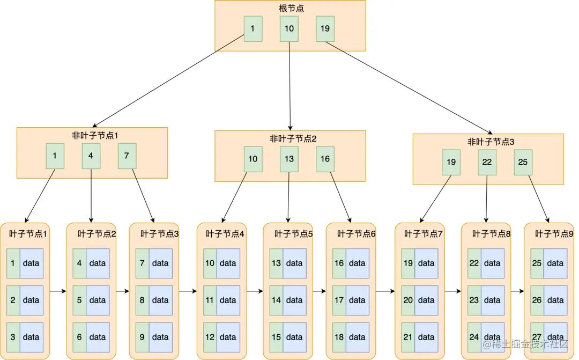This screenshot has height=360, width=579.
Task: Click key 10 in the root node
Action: point(289,29)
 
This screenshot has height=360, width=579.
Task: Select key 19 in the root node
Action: point(325,29)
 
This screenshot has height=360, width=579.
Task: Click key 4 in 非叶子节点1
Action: point(91,156)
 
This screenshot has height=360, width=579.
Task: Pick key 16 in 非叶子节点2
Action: point(325,159)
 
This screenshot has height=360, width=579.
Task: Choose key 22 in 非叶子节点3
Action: point(487,162)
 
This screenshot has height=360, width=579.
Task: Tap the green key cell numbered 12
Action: point(210,337)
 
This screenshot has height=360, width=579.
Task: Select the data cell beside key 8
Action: point(160,300)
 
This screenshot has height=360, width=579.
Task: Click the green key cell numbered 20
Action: point(408,300)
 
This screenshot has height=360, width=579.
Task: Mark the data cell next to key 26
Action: point(555,300)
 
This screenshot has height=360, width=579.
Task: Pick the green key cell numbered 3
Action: point(13,337)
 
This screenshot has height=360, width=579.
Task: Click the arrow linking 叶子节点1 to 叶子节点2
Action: point(57,291)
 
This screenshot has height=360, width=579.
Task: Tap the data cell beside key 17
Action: point(357,300)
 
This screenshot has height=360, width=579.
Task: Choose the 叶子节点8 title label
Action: point(491,234)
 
